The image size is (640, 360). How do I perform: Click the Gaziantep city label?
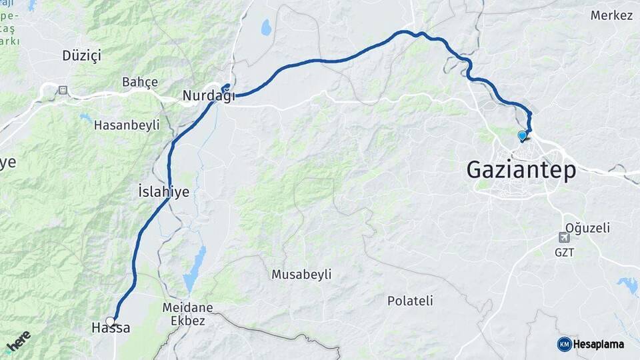pos(521,169)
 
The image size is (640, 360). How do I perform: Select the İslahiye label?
pos(163,192)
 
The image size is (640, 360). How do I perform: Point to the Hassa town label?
pos(110,328)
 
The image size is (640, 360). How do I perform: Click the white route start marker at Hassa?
pos(110,321)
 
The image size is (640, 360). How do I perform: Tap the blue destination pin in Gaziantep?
pos(522,136)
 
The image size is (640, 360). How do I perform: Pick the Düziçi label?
pos(81,55)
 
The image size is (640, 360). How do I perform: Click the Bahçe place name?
pos(140,82)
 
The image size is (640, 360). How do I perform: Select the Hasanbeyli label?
pos(127,125)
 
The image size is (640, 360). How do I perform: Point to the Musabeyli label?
pos(301,275)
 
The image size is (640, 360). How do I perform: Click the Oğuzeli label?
pos(587,228)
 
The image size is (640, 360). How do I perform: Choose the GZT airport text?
pos(564,253)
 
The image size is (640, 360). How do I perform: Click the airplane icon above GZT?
pos(564,237)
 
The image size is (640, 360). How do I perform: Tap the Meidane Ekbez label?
pos(188,313)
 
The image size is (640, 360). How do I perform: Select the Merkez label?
pos(611,15)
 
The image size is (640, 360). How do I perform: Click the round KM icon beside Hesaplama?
pos(564,344)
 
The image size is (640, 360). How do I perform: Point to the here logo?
pos(19,341)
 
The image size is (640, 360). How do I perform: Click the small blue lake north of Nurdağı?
pos(267,27)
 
